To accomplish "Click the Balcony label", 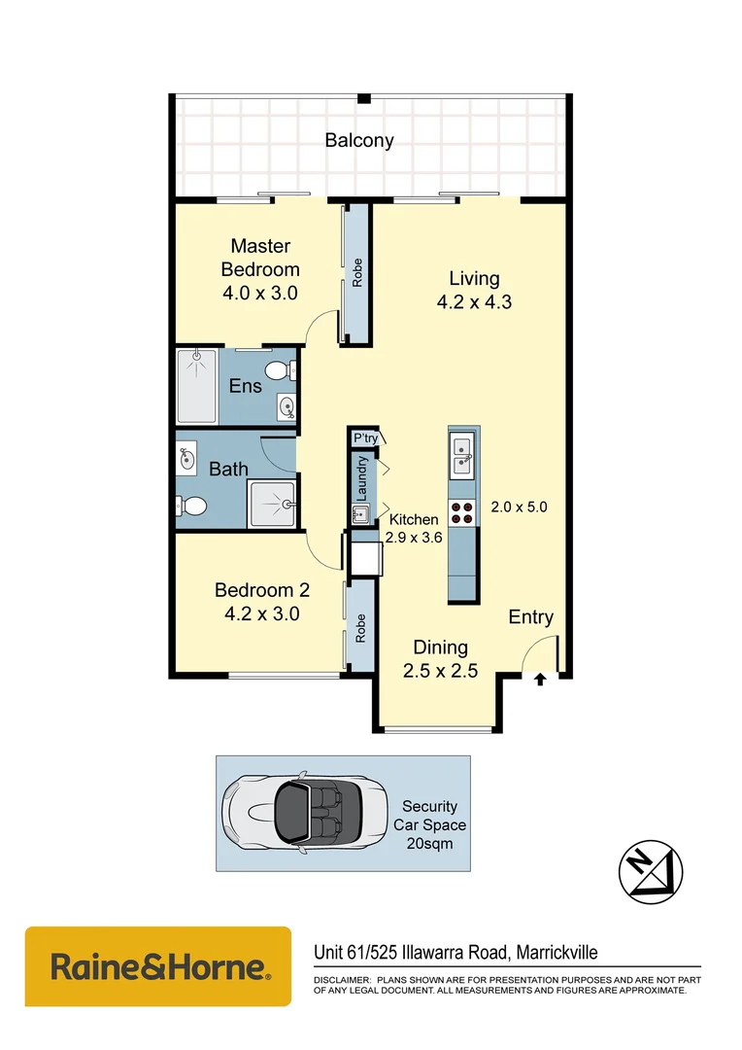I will click(x=359, y=140).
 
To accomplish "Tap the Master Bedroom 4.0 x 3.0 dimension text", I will click(x=260, y=292).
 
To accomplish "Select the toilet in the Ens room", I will click(x=277, y=369).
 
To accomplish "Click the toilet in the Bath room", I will click(x=191, y=506).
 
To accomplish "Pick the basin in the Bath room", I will click(x=186, y=457).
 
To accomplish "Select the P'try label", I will click(x=365, y=438).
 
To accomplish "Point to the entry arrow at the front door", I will click(x=540, y=680).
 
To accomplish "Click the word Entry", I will click(x=531, y=617).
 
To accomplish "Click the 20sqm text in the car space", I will click(x=429, y=843).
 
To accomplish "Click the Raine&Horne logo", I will click(x=158, y=966).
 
